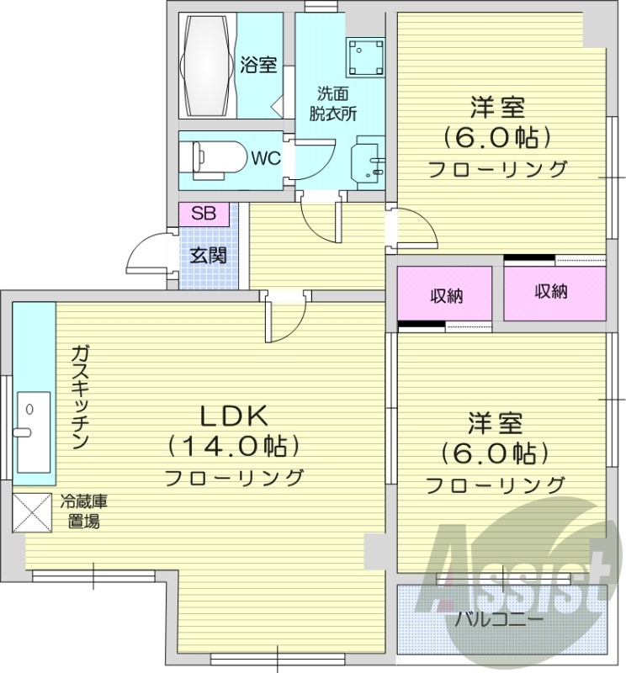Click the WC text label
(265, 157)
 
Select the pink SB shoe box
(203, 214)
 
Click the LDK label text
(232, 415)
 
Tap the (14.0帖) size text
(233, 445)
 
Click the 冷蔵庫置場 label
(83, 511)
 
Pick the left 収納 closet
(445, 295)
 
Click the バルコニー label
(499, 621)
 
